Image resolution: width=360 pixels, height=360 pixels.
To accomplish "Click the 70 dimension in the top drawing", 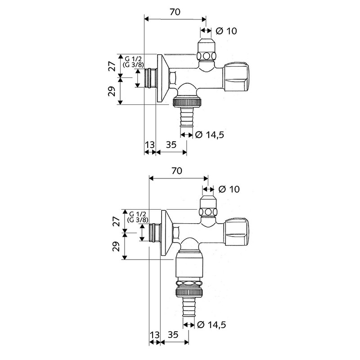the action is [175, 12].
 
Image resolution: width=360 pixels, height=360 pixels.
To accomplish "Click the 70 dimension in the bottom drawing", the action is [177, 171].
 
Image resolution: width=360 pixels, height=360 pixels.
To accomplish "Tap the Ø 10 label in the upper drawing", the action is [226, 31].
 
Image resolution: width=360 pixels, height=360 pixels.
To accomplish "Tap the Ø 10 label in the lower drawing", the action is [229, 189].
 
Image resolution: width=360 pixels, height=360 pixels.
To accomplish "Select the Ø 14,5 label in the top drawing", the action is [209, 135].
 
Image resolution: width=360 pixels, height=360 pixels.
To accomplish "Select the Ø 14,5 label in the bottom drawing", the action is [211, 324].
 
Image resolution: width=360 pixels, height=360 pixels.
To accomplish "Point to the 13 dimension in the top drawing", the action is [150, 145].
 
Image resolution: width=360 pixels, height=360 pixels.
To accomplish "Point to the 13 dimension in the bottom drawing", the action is [154, 335].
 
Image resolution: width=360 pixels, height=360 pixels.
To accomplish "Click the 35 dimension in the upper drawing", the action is [171, 145].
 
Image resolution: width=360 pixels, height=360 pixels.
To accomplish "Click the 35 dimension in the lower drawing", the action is [173, 335].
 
